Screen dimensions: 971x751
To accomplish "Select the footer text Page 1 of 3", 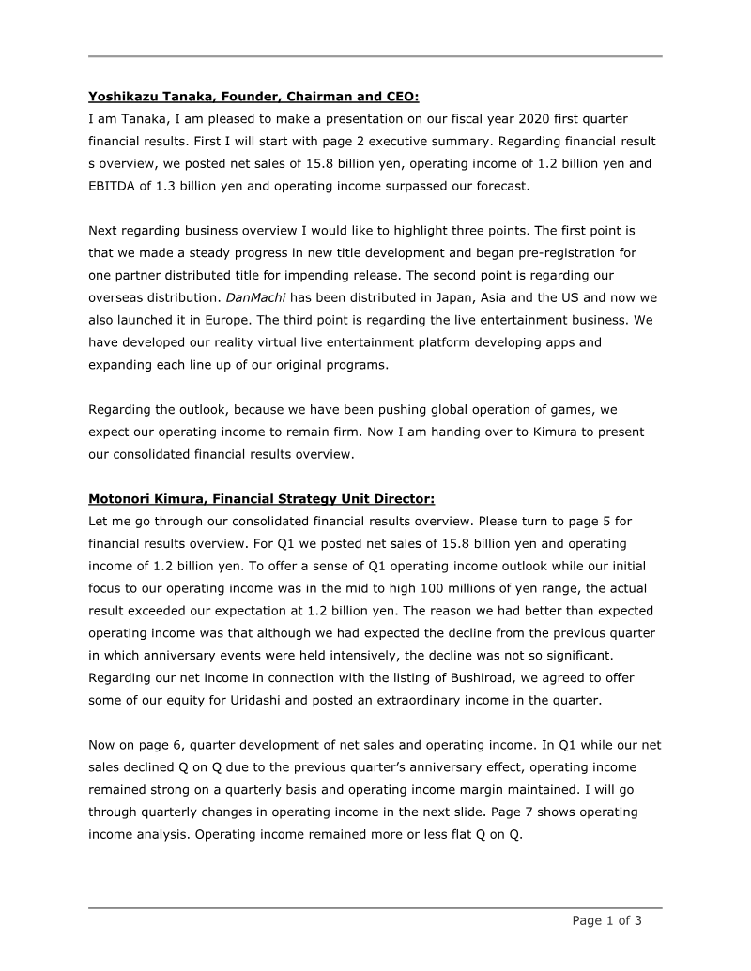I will (x=607, y=920).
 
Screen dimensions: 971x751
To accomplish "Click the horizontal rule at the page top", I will (x=375, y=57).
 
